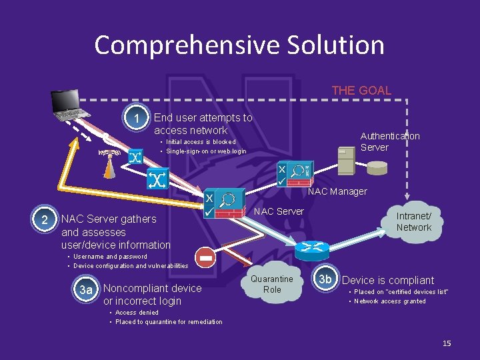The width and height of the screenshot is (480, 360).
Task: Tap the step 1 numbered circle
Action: coord(138,119)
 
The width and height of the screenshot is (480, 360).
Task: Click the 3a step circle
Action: coord(86,289)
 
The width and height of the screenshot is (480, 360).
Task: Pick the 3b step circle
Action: coord(325,279)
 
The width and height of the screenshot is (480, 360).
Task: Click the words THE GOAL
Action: coord(361,91)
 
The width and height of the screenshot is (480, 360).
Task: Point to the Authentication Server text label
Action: coord(390,141)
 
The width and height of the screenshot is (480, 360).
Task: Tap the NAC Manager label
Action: coord(337,191)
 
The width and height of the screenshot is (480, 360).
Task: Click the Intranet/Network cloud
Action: coord(413,221)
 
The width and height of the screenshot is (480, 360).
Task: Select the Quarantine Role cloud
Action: coord(272,284)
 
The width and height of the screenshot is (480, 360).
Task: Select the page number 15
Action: coord(447,343)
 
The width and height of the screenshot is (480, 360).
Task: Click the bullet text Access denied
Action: coord(137,312)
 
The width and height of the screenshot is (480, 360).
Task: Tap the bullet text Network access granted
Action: coord(389,301)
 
